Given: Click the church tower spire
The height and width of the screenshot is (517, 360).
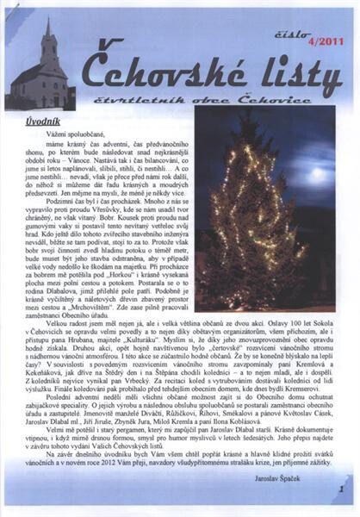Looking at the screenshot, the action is point(47,26).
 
